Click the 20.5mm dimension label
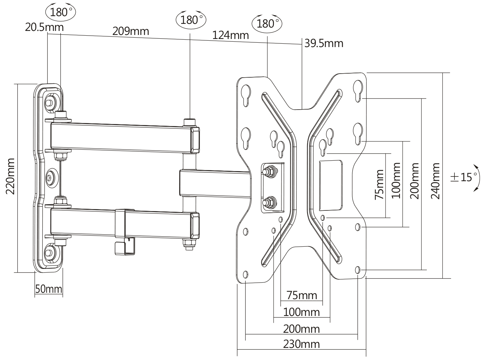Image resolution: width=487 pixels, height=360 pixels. (44, 27)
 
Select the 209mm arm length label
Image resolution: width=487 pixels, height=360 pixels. (130, 31)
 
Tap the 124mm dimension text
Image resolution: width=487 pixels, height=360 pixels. (231, 35)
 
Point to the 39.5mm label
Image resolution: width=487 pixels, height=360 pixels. (324, 43)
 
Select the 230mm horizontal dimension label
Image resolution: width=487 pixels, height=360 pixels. (301, 344)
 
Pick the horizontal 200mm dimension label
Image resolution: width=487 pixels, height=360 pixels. (301, 328)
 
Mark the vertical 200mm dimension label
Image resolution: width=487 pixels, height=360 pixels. (415, 181)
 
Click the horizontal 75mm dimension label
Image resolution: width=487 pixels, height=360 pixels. (301, 295)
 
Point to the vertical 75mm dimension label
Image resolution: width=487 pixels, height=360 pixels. (379, 184)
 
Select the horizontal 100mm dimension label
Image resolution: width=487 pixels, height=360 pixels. (301, 312)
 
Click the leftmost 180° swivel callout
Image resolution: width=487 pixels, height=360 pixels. (60, 12)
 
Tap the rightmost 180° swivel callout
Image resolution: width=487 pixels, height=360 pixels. (267, 24)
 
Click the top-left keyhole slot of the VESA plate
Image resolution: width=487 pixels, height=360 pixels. (246, 93)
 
